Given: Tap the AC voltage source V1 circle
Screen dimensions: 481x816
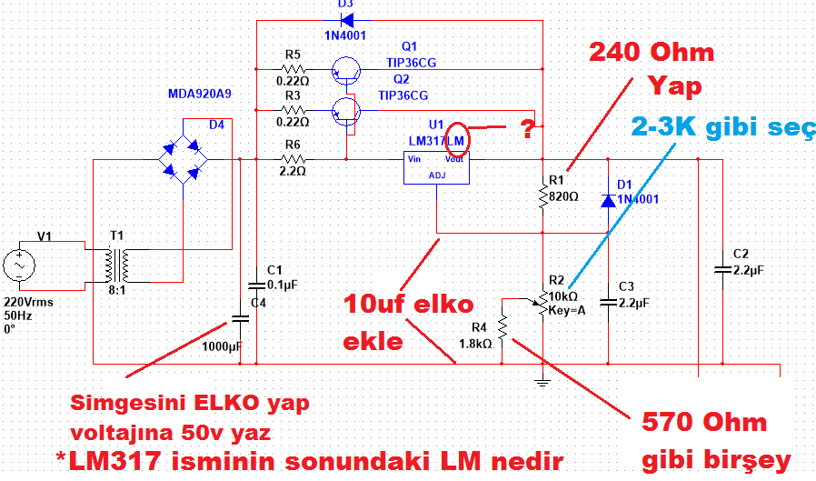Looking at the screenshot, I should (x=19, y=266).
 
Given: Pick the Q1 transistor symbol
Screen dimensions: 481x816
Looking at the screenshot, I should (x=346, y=69).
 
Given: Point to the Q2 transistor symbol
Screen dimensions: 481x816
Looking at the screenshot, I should (x=346, y=110).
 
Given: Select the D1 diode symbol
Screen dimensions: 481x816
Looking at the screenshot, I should (x=607, y=198).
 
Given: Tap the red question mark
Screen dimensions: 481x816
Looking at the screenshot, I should (x=527, y=128).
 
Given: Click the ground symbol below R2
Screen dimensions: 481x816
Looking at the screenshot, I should (x=542, y=381).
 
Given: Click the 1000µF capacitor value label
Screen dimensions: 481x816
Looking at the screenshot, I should (x=224, y=346).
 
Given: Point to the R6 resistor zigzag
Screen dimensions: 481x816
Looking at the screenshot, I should (x=292, y=160).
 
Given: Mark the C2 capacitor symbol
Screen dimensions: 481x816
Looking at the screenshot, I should (x=722, y=269).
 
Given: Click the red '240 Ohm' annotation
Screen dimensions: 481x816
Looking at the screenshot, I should (x=652, y=52).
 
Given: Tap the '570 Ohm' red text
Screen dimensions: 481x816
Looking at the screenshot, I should (x=704, y=423).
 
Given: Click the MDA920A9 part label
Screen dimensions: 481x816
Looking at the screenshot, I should (x=199, y=94).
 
